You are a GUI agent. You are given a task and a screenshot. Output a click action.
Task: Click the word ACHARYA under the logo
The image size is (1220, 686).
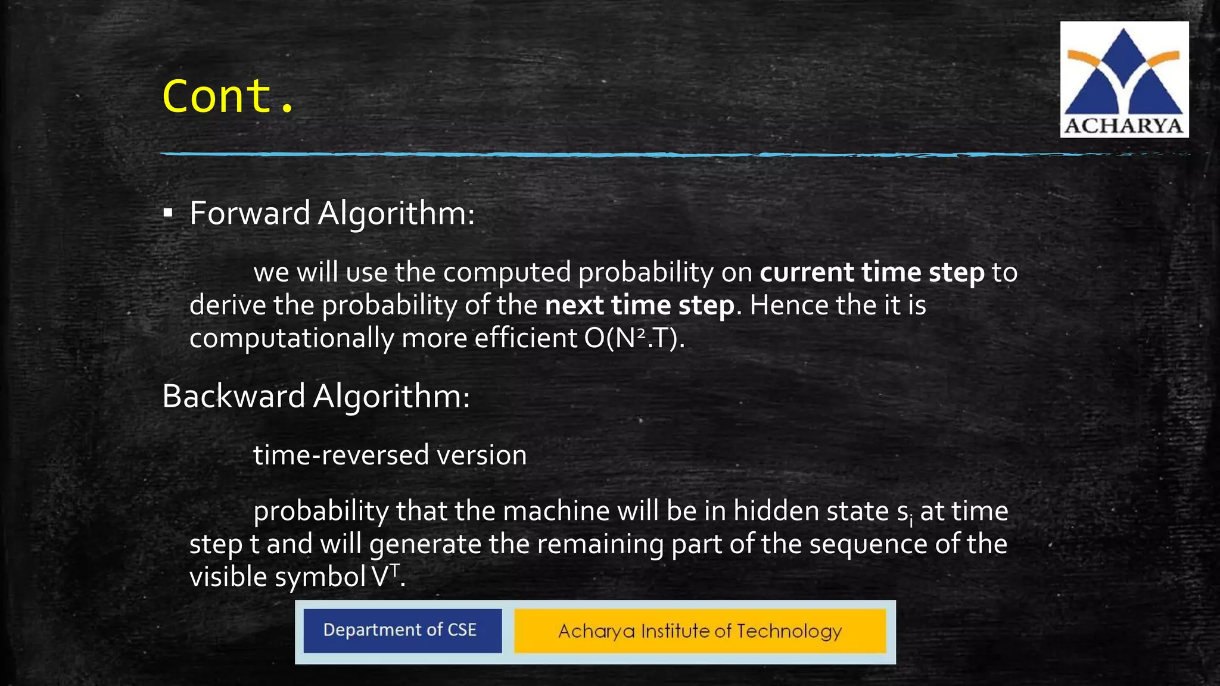pos(1123,126)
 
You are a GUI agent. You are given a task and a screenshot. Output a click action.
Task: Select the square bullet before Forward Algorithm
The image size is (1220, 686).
pos(168,213)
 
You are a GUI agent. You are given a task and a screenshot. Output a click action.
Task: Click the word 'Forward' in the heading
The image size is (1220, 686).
pos(250,213)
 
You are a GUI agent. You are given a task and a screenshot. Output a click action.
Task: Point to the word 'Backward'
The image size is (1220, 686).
pos(234,396)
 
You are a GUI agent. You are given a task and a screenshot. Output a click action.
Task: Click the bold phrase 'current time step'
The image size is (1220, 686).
pos(872,272)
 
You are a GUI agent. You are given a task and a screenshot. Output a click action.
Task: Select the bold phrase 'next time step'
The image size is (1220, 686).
pos(639,305)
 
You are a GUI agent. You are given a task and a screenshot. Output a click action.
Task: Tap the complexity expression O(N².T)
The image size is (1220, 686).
pos(634,338)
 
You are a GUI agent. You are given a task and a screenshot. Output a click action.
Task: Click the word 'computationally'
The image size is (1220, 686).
pos(291,338)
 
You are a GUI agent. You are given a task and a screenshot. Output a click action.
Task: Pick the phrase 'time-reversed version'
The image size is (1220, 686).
pos(390,455)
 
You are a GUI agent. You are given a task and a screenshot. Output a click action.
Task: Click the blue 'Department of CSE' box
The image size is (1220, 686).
pos(402,631)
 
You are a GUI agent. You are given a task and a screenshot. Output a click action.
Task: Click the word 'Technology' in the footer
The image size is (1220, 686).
pos(789,631)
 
